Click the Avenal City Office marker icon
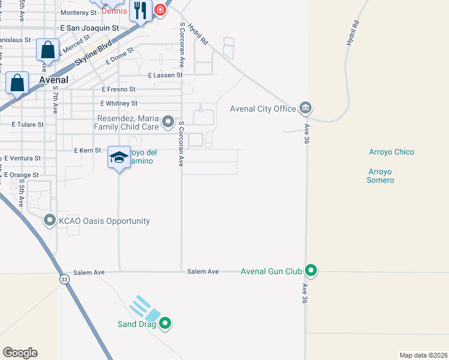[x=306, y=109]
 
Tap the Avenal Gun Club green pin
[x=311, y=271]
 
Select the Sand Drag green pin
[x=166, y=324]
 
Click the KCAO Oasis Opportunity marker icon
[x=50, y=221]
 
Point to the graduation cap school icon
[x=119, y=157]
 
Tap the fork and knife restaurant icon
[x=140, y=10]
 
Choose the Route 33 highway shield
[x=64, y=280]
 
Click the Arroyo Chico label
[x=391, y=152]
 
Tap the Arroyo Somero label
[x=381, y=176]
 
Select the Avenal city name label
[x=53, y=79]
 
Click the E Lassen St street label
[x=164, y=75]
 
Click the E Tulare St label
[x=28, y=125]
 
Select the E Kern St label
[x=87, y=150]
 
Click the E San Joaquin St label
[x=90, y=28]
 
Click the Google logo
[x=20, y=353]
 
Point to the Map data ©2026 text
[x=423, y=355]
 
